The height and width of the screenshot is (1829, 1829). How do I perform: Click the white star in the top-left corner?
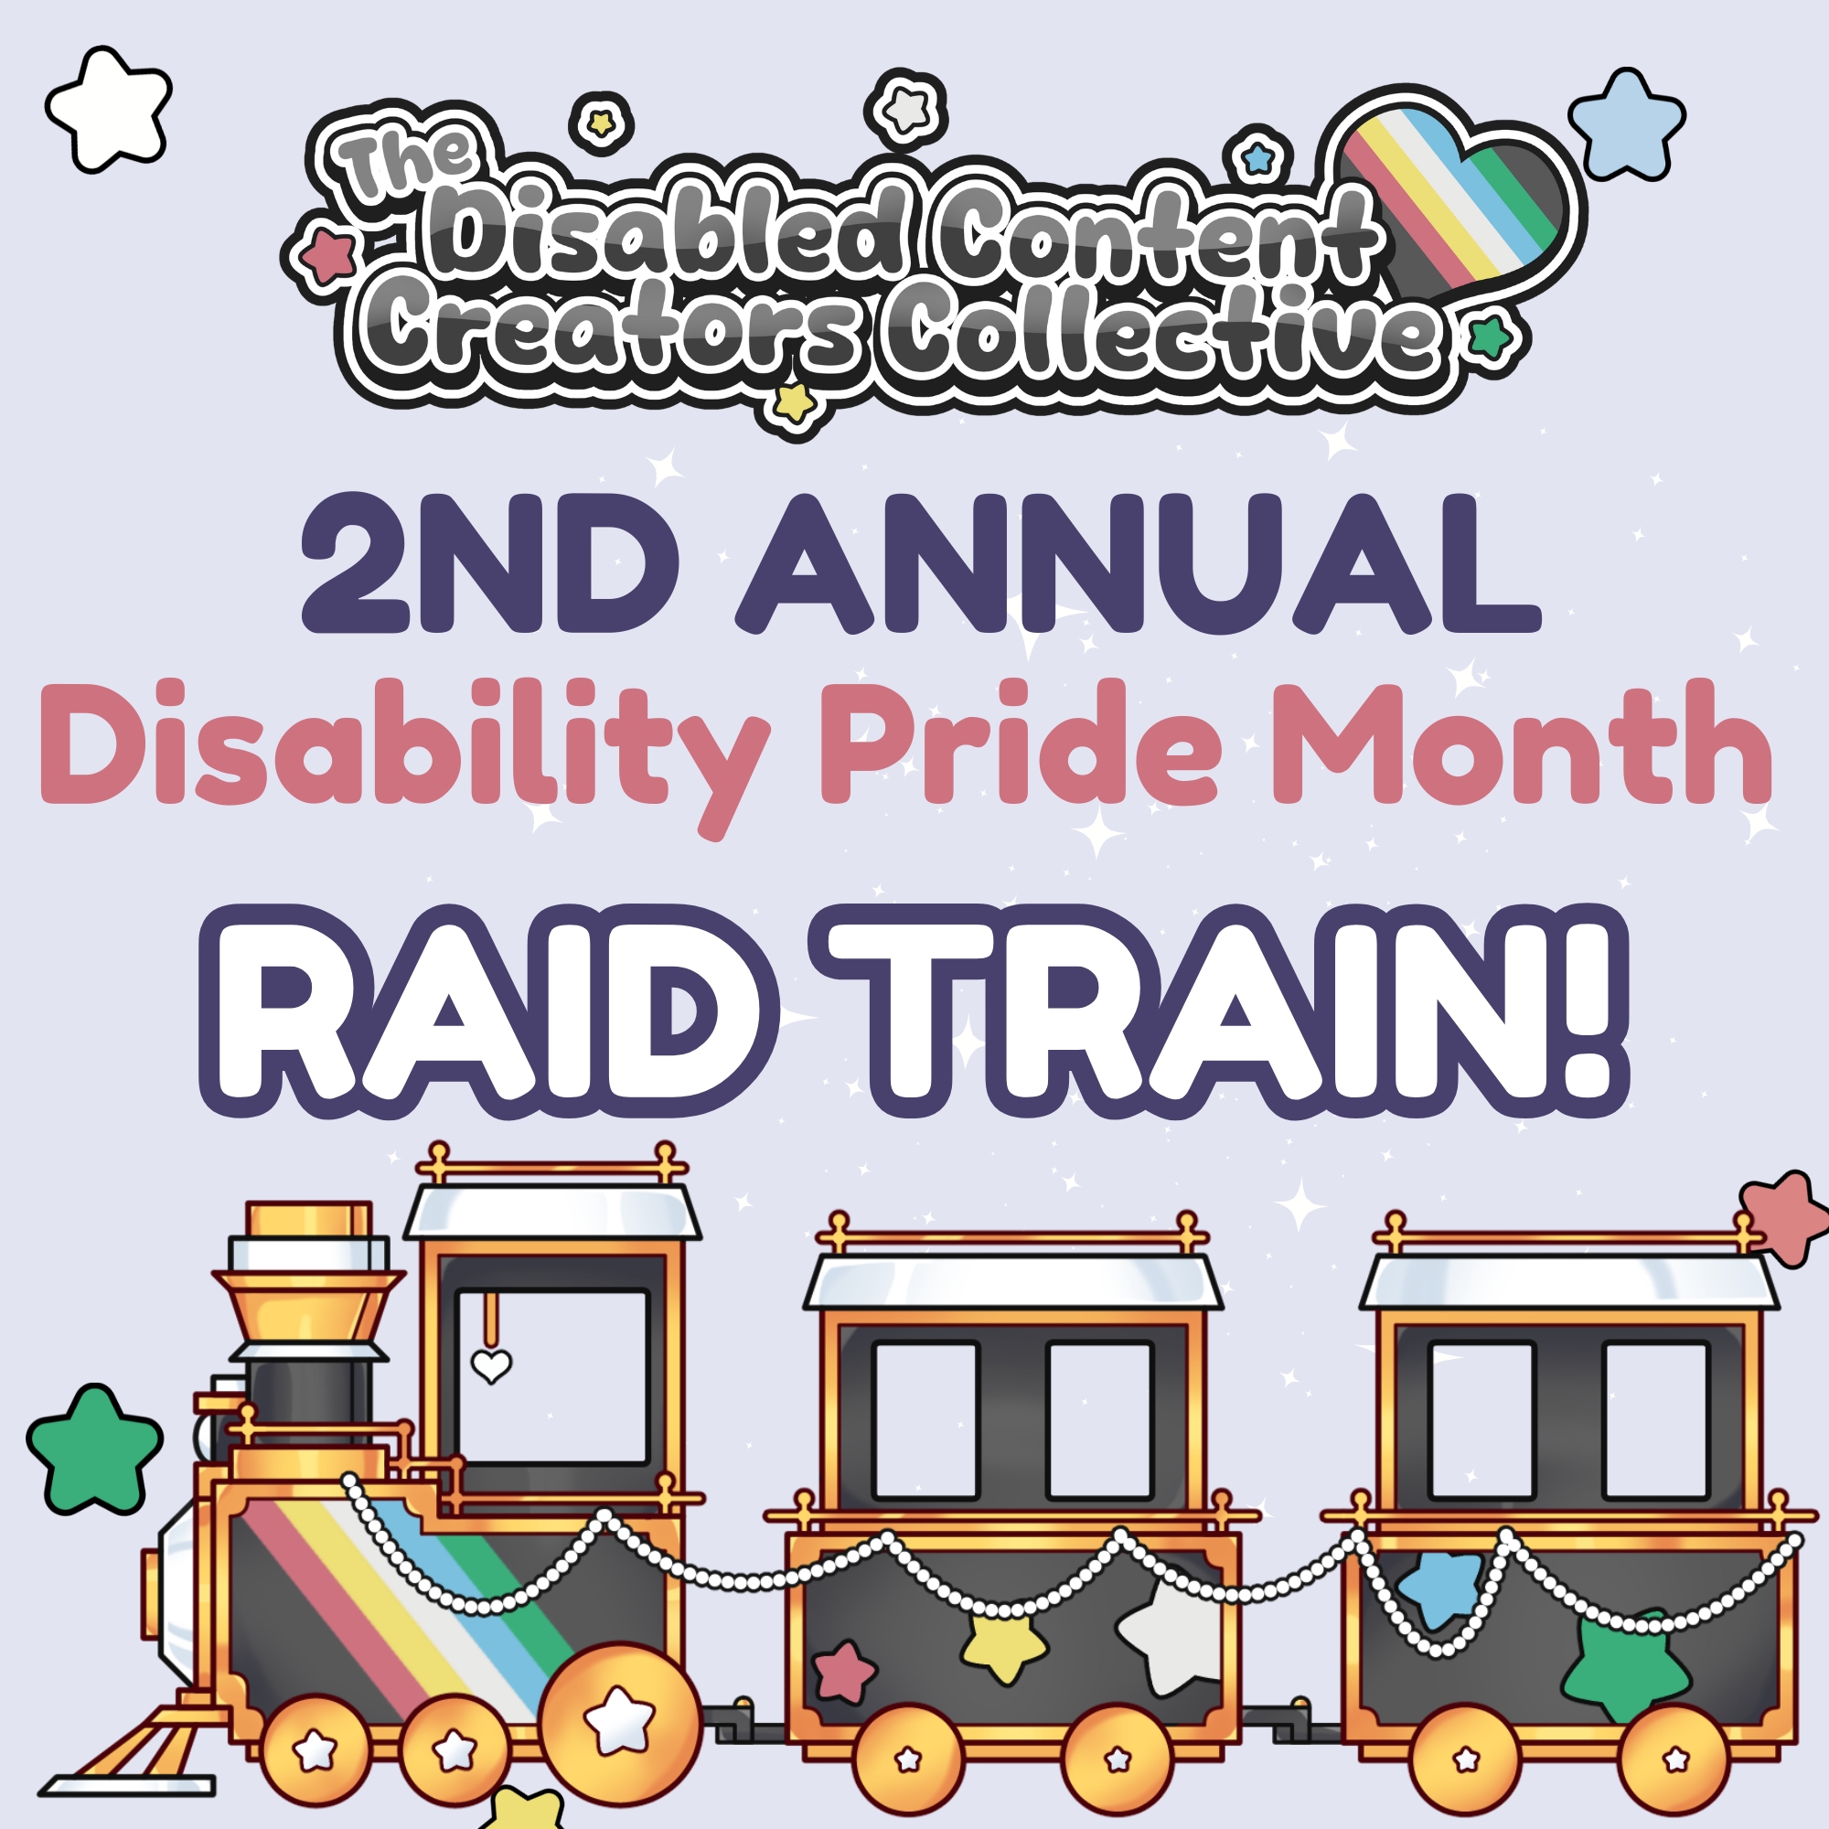point(109,109)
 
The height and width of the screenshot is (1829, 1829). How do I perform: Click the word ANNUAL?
point(1139,563)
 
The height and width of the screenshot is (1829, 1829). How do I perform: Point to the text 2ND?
point(489,563)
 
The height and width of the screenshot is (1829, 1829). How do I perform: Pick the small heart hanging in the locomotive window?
point(491,1364)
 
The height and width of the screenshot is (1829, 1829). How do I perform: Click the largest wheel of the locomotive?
point(620,1715)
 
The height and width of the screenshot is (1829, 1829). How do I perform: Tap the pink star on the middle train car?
point(844,1672)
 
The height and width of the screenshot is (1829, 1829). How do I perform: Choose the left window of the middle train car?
point(925,1421)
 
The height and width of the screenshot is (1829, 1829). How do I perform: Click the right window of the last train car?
point(1656,1421)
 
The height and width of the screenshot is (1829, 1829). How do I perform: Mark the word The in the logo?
point(407,161)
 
